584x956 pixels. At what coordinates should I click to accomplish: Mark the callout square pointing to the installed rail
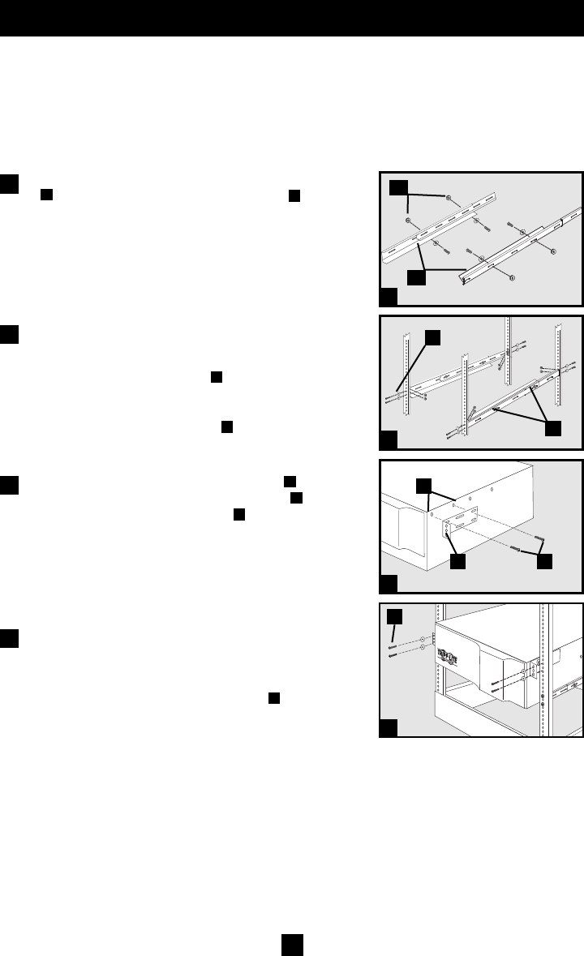555,427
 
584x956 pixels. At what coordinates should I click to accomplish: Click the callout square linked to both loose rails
418,277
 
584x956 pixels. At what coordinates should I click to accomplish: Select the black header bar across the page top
292,18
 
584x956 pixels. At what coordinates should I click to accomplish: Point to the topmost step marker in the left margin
10,182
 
